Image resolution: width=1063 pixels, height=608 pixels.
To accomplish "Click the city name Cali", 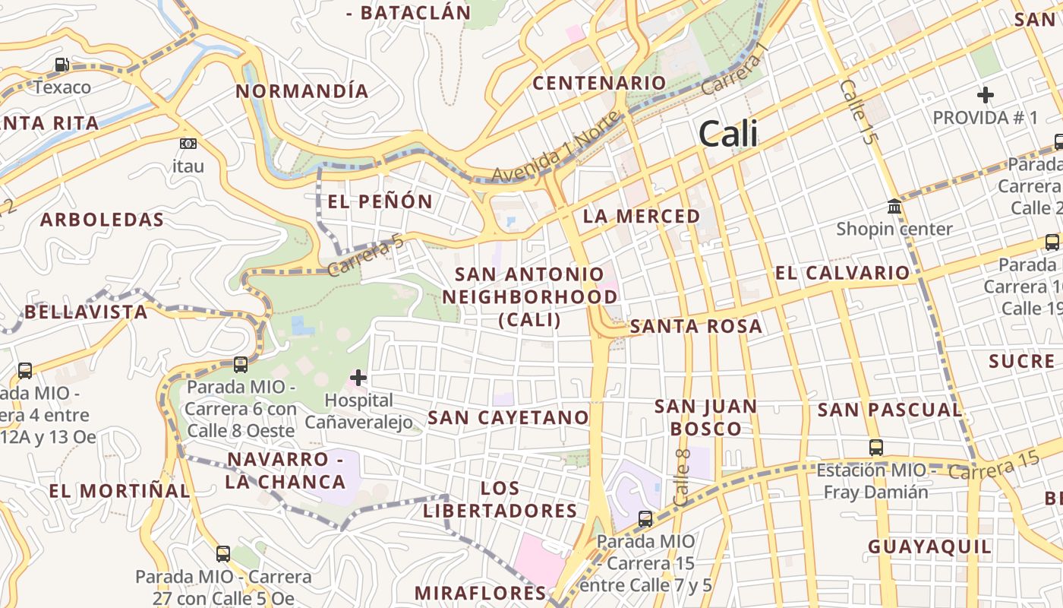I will click(728, 134).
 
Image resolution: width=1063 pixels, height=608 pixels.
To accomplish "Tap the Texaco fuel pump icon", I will click(62, 65).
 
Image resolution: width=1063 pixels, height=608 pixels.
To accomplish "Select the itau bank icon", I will click(188, 143).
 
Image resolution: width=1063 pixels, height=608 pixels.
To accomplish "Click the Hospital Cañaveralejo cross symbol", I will click(358, 377).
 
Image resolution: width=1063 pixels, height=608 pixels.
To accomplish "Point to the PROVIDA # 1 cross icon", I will click(986, 95).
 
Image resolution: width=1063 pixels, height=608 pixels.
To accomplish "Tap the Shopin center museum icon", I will click(894, 206).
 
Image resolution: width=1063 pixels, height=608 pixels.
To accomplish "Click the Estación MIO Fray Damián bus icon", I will click(876, 447).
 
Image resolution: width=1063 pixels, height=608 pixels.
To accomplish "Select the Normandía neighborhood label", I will click(302, 92).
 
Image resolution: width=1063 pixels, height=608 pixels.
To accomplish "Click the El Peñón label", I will click(380, 201).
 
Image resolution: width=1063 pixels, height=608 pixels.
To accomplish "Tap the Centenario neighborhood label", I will click(599, 83).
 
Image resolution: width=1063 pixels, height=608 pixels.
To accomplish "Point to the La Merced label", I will click(642, 216).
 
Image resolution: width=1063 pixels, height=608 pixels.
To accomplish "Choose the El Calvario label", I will click(842, 273).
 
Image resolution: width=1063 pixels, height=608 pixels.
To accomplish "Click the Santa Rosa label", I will click(696, 326).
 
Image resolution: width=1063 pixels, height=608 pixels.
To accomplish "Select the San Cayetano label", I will click(508, 417).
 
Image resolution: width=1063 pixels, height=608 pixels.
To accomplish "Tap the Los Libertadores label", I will click(500, 499).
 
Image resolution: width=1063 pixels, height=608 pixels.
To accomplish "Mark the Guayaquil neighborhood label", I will click(929, 546).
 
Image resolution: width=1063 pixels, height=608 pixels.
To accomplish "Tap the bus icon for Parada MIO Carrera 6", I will click(241, 364).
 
